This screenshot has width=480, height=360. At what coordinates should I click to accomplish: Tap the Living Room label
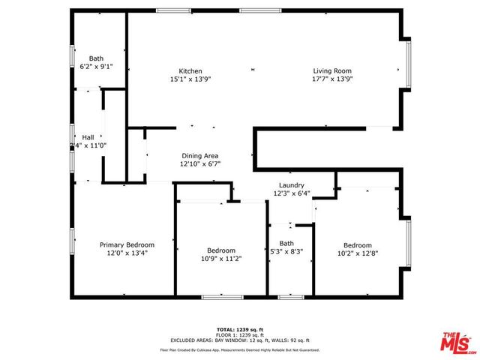click(x=331, y=71)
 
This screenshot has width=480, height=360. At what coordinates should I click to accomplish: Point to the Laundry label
click(x=291, y=185)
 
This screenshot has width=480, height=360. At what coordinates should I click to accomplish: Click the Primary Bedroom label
click(x=127, y=244)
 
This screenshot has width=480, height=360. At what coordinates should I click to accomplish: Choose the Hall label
click(x=88, y=137)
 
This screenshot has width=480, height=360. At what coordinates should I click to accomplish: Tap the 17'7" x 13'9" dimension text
click(x=332, y=79)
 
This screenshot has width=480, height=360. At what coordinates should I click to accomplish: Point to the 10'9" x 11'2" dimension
click(x=221, y=259)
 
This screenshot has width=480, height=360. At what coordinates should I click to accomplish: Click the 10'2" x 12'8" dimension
click(x=358, y=253)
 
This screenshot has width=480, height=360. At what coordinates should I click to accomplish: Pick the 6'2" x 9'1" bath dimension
click(x=97, y=66)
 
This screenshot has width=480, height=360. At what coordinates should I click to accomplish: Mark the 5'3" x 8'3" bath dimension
click(x=286, y=251)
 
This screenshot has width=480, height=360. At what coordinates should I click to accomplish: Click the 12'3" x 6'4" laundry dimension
click(x=291, y=193)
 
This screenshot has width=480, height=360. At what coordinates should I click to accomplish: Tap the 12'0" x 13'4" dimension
click(x=127, y=253)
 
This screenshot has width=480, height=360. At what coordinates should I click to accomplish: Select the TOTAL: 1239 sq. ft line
click(x=239, y=329)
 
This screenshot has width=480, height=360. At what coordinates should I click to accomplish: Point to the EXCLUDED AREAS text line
click(x=239, y=340)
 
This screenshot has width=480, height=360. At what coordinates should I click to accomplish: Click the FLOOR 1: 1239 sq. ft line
click(x=239, y=334)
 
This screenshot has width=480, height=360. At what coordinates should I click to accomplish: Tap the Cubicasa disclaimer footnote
click(x=239, y=349)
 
